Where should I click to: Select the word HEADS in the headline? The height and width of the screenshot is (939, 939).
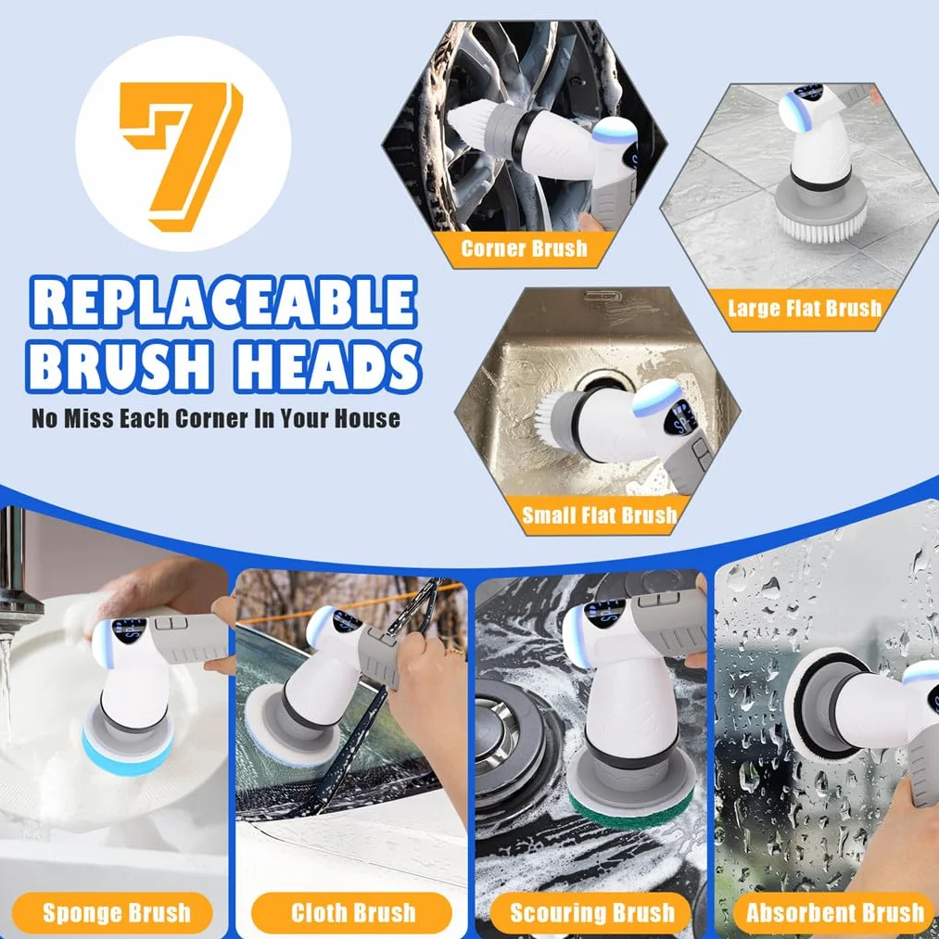pyautogui.click(x=327, y=366)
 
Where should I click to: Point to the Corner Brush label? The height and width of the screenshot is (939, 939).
pyautogui.click(x=524, y=247)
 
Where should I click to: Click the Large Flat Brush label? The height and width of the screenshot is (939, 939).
pyautogui.click(x=805, y=308)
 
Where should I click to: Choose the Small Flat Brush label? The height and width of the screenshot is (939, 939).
pyautogui.click(x=599, y=515)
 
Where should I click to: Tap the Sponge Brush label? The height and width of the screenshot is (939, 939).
pyautogui.click(x=116, y=913)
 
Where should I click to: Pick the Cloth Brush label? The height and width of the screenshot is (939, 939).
pyautogui.click(x=353, y=913)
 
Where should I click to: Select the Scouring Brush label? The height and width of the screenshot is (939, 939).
pyautogui.click(x=591, y=913)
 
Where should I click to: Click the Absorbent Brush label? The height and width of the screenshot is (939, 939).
pyautogui.click(x=835, y=913)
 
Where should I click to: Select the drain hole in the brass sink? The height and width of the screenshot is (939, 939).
pyautogui.click(x=599, y=383)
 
